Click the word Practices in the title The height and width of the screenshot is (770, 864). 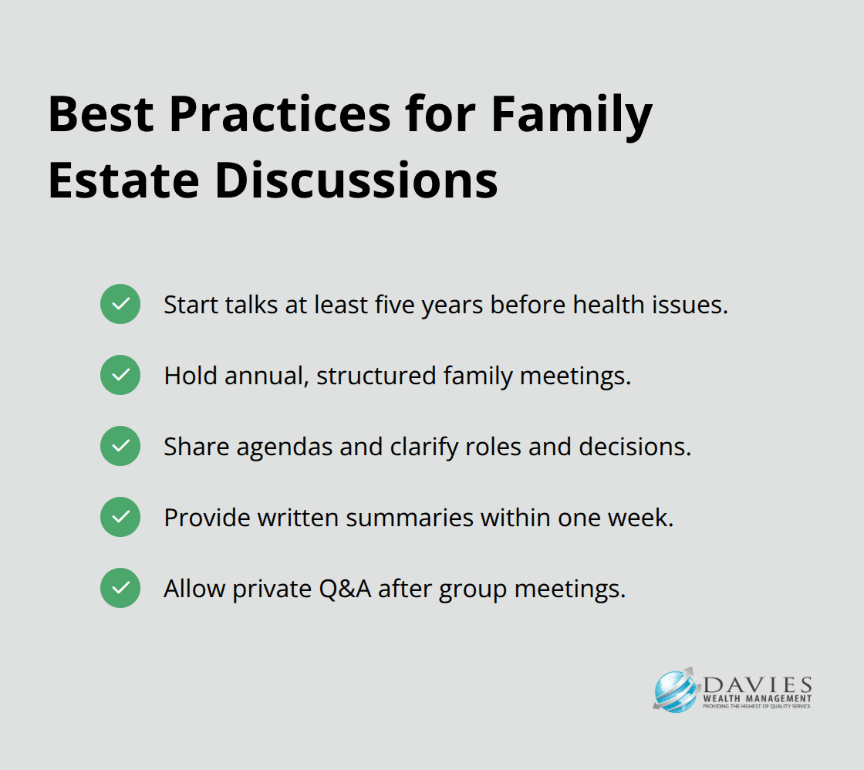pyautogui.click(x=280, y=114)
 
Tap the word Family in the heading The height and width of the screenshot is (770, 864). pyautogui.click(x=572, y=116)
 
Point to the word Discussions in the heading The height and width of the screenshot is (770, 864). pyautogui.click(x=356, y=180)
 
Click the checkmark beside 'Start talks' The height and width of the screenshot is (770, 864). pyautogui.click(x=120, y=304)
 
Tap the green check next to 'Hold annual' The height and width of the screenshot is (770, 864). pyautogui.click(x=120, y=375)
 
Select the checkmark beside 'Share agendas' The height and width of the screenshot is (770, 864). pyautogui.click(x=120, y=446)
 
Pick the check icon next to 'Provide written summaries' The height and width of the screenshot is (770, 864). pyautogui.click(x=120, y=517)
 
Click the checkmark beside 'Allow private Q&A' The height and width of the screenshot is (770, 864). pyautogui.click(x=120, y=588)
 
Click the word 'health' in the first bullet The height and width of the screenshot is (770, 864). pyautogui.click(x=609, y=304)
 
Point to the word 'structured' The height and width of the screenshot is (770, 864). pyautogui.click(x=376, y=376)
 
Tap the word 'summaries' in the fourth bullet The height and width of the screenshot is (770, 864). pyautogui.click(x=410, y=518)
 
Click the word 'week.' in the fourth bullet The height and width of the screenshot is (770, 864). pyautogui.click(x=641, y=518)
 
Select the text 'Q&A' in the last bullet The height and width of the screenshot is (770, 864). pyautogui.click(x=345, y=589)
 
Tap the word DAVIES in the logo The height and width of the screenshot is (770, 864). pyautogui.click(x=757, y=685)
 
